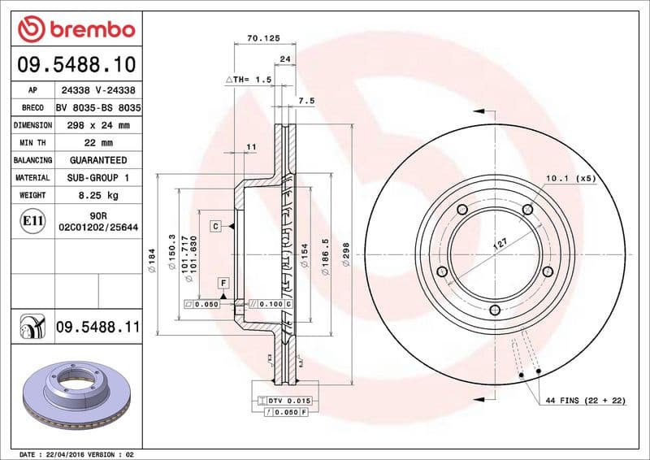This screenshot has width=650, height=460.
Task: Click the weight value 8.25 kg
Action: click(x=97, y=195)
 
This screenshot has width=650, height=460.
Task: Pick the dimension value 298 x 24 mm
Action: click(x=97, y=125)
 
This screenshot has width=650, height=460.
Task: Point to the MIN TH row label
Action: click(x=32, y=143)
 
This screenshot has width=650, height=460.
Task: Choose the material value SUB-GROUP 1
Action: click(x=97, y=177)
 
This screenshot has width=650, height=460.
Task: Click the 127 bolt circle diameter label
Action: click(x=501, y=243)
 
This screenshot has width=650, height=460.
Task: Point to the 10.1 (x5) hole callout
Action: click(x=570, y=177)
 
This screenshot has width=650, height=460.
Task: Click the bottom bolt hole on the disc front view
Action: click(x=495, y=310)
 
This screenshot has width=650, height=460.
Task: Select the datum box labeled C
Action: click(x=216, y=226)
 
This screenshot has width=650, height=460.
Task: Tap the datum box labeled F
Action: click(x=222, y=283)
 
